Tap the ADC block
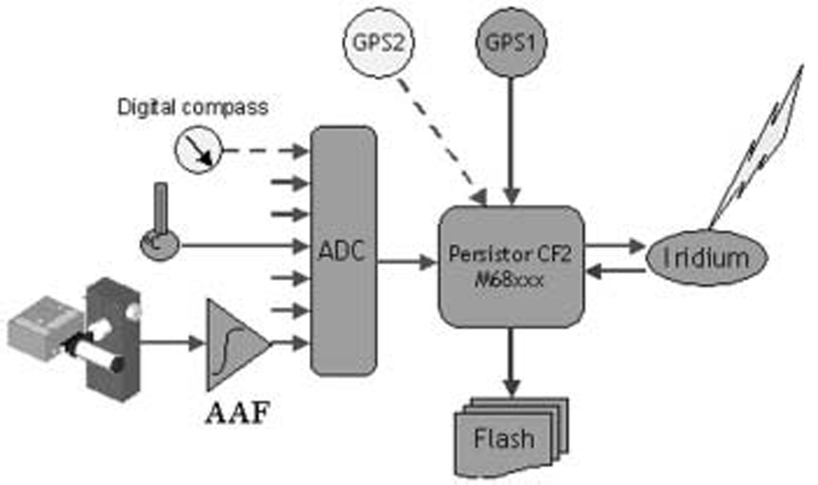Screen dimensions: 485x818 click(343, 251)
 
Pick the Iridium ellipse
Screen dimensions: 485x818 click(706, 257)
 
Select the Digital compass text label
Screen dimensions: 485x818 click(193, 108)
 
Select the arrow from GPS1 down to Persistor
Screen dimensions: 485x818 click(512, 140)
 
